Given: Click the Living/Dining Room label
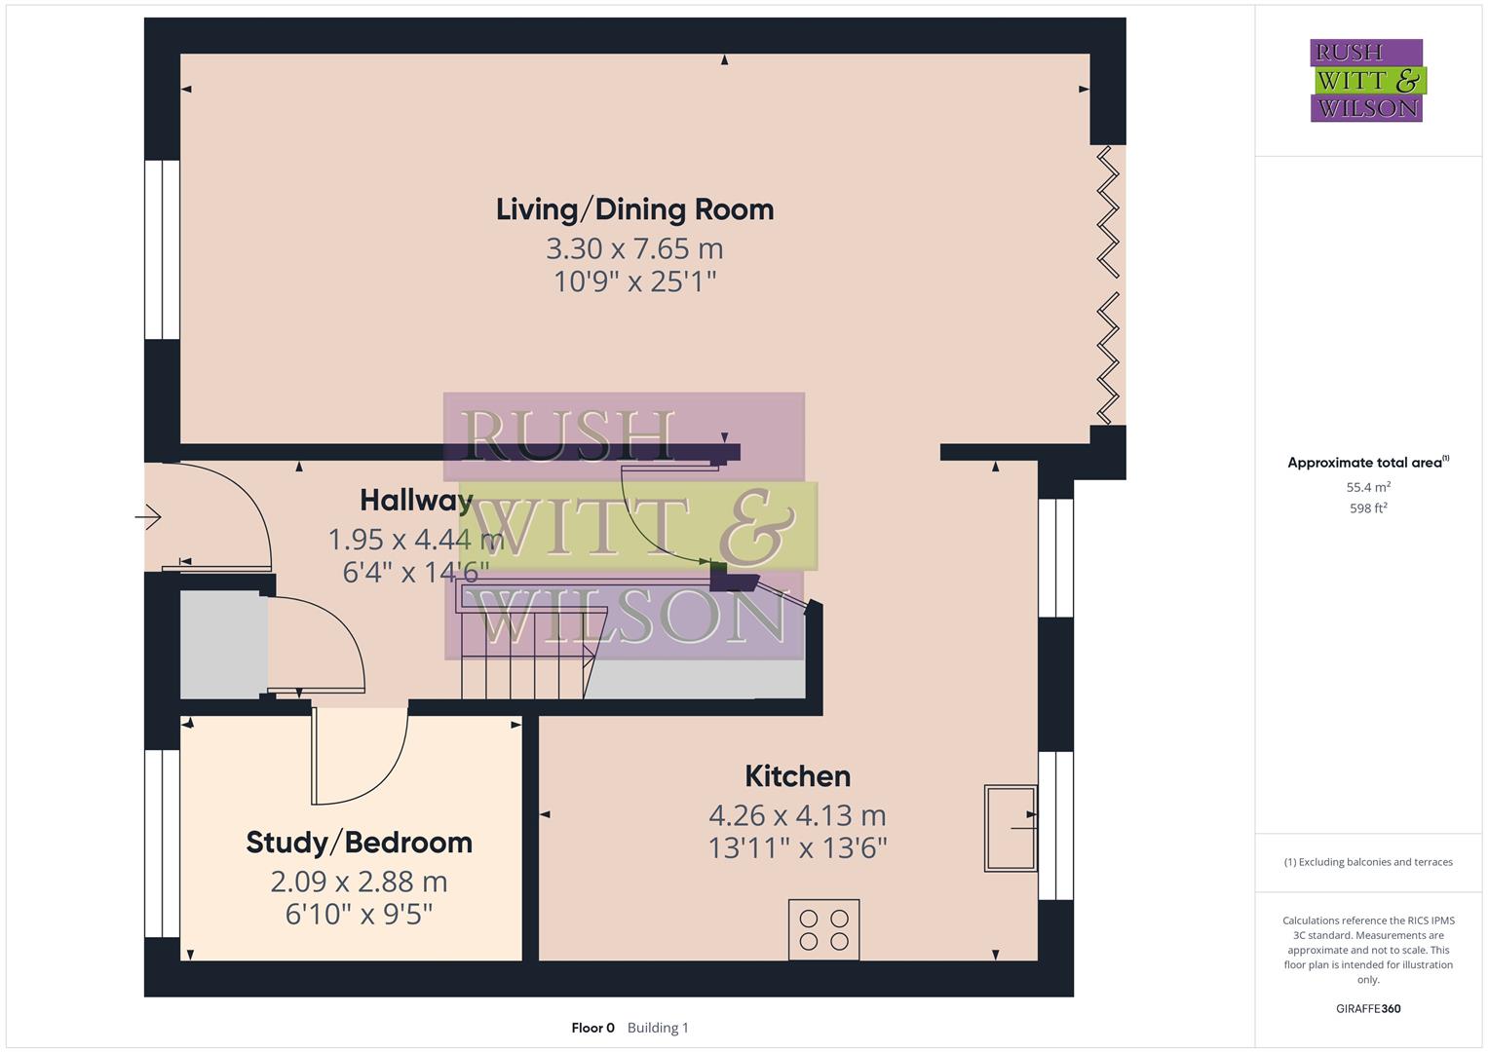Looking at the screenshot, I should click(x=634, y=209).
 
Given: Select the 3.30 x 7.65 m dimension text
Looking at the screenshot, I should click(x=634, y=248).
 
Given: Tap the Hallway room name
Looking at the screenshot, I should click(x=416, y=500).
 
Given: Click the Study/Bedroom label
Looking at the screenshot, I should click(x=359, y=843).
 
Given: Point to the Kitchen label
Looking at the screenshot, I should click(x=797, y=776).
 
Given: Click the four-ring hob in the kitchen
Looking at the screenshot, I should click(x=823, y=929).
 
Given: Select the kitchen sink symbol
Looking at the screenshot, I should click(x=1010, y=827).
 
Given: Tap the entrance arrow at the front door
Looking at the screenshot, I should click(x=149, y=516).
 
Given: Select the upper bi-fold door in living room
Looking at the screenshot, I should click(x=1108, y=212).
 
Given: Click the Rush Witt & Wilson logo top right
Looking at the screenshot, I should click(x=1366, y=81).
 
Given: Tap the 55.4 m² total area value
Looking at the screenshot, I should click(x=1368, y=487).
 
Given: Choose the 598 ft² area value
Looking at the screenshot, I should click(x=1368, y=508).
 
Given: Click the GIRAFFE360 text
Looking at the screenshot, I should click(x=1368, y=1008).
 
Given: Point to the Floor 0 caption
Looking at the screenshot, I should click(x=592, y=1028).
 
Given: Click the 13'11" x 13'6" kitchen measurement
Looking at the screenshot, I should click(x=797, y=848).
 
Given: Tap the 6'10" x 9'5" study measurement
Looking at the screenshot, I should click(x=359, y=915).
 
